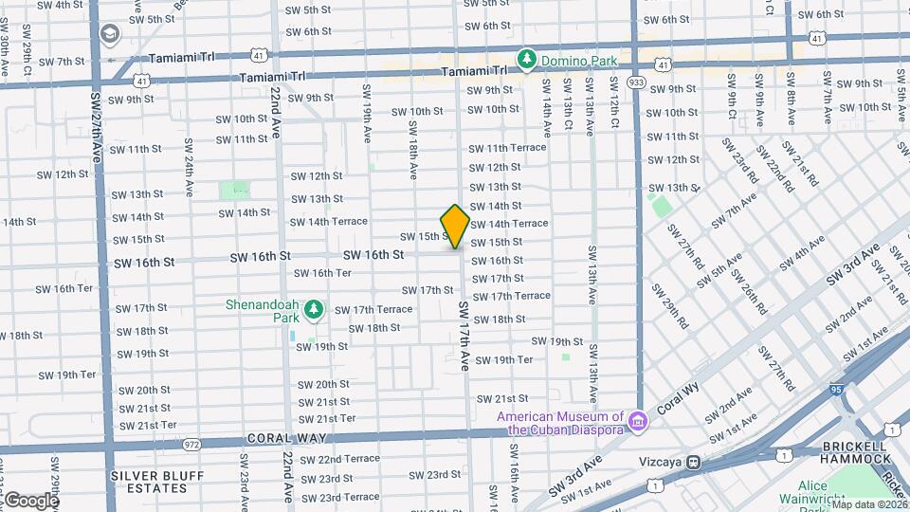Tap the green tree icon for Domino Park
[526, 60]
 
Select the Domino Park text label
[579, 61]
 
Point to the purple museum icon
[638, 419]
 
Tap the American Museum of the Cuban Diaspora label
[566, 423]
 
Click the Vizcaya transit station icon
[695, 462]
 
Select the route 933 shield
[636, 82]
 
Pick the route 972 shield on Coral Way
[192, 443]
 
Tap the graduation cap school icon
[110, 36]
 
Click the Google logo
[30, 500]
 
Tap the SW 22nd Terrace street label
[339, 459]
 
